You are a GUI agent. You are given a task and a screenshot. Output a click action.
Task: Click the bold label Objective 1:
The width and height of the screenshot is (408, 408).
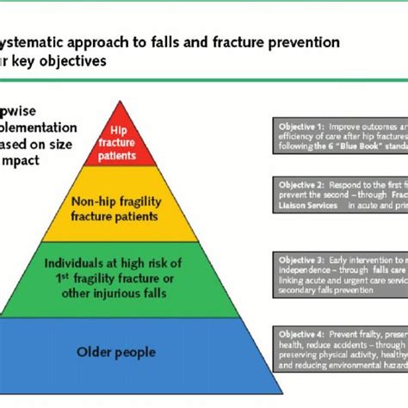(x=298, y=126)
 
